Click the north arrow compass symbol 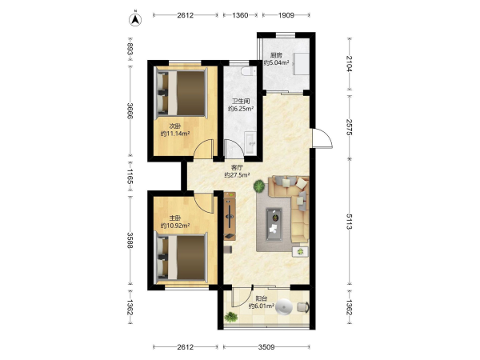135,19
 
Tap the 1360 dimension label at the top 240,15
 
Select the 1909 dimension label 286,15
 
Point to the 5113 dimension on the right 350,222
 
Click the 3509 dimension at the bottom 266,347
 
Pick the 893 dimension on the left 130,49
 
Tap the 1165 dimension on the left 130,177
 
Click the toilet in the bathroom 248,71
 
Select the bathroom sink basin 250,143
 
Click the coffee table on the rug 274,224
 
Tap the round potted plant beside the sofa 259,186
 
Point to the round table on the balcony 284,306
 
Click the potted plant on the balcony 231,318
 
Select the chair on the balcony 303,307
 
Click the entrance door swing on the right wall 322,138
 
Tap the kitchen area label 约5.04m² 277,63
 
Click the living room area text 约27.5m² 237,175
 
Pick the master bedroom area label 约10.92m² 175,226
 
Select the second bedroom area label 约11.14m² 175,134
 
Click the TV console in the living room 230,216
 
